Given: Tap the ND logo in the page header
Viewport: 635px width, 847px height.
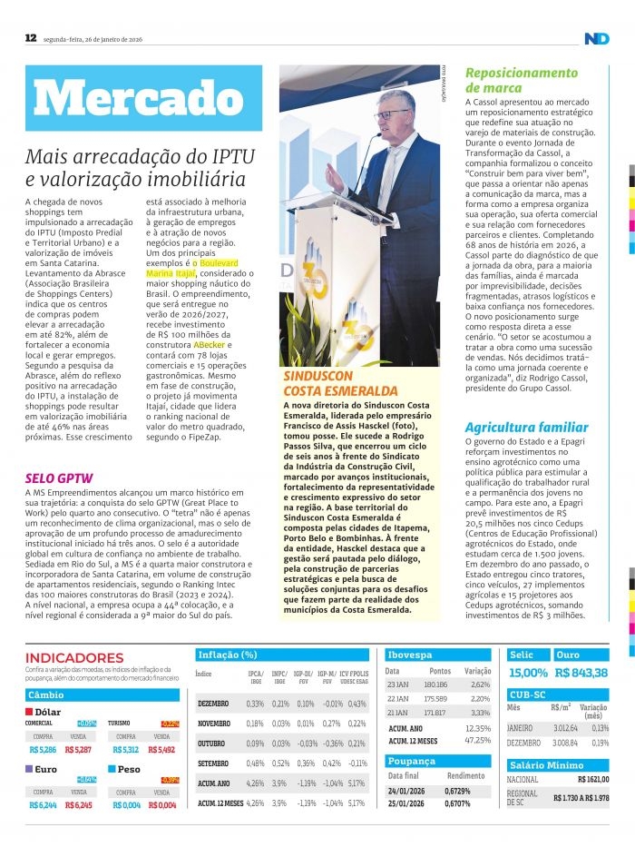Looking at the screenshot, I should (x=596, y=38).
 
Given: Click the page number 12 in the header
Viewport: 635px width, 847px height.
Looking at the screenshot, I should (x=30, y=38).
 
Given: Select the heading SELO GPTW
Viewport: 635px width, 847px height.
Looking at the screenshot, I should (x=59, y=478).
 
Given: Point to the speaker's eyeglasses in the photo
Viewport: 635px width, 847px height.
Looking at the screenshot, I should (x=392, y=114).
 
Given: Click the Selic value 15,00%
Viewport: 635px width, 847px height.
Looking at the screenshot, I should (x=528, y=673).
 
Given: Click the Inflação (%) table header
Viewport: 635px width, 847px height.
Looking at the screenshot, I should (x=228, y=655).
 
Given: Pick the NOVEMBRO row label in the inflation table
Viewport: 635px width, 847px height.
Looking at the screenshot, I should (x=213, y=724).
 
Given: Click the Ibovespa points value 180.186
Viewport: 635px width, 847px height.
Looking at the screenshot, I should (x=435, y=684).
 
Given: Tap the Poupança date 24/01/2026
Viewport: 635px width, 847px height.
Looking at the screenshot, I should (x=406, y=791).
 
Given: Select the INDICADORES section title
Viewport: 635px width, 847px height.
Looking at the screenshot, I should (x=74, y=657).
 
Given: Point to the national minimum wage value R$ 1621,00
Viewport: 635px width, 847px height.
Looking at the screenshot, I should (x=593, y=779).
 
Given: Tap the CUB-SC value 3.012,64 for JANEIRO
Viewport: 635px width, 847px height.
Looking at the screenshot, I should (x=566, y=728).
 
